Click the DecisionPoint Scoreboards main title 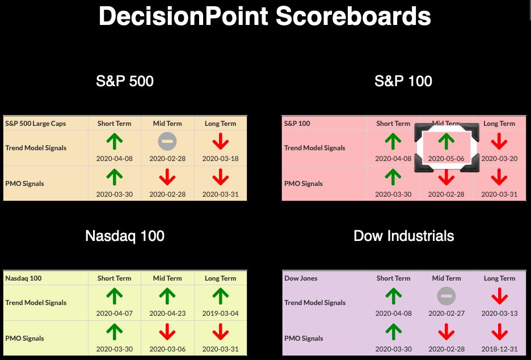pyautogui.click(x=265, y=16)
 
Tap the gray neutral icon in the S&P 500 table pyautogui.click(x=167, y=141)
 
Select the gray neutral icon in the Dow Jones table pyautogui.click(x=446, y=296)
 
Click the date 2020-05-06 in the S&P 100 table pyautogui.click(x=446, y=158)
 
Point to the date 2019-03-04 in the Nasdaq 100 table pyautogui.click(x=221, y=314)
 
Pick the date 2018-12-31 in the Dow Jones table pyautogui.click(x=499, y=349)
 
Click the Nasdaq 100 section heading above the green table pyautogui.click(x=125, y=236)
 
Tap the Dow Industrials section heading pyautogui.click(x=404, y=236)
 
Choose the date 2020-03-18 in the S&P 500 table pyautogui.click(x=221, y=158)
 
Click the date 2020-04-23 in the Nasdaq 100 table pyautogui.click(x=167, y=314)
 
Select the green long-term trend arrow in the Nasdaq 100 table pyautogui.click(x=221, y=296)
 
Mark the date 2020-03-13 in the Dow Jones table pyautogui.click(x=499, y=314)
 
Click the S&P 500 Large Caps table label pyautogui.click(x=36, y=124)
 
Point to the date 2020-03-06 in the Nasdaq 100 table pyautogui.click(x=167, y=349)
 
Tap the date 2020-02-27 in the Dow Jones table pyautogui.click(x=446, y=314)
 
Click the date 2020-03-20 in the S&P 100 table pyautogui.click(x=499, y=158)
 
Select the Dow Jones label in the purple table pyautogui.click(x=301, y=278)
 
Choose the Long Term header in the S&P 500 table pyautogui.click(x=221, y=124)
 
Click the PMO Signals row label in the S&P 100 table pyautogui.click(x=304, y=184)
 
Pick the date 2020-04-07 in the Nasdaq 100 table pyautogui.click(x=115, y=314)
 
